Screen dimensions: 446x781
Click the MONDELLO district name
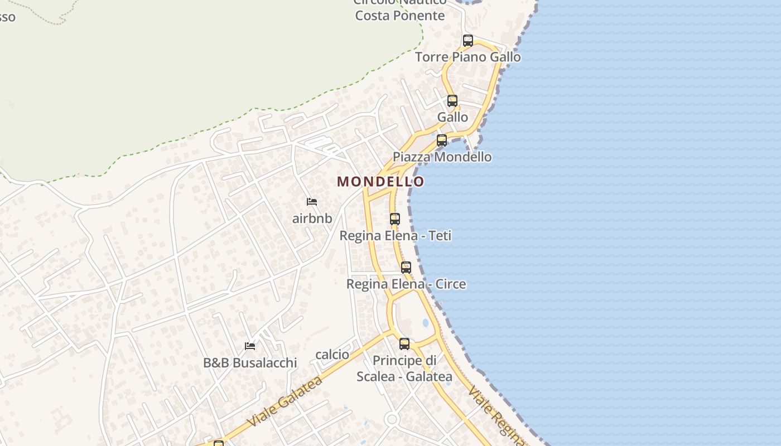pyautogui.click(x=380, y=182)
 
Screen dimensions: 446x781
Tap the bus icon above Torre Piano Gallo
pyautogui.click(x=467, y=41)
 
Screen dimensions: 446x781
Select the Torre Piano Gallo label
pyautogui.click(x=467, y=57)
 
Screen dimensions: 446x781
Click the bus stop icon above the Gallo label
pyautogui.click(x=452, y=101)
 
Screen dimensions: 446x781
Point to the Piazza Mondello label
pyautogui.click(x=442, y=157)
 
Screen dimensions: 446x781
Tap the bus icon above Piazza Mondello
pyautogui.click(x=441, y=140)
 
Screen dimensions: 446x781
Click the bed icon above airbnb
pyautogui.click(x=312, y=202)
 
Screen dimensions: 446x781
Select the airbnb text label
pyautogui.click(x=312, y=218)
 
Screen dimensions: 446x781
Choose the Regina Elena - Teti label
pyautogui.click(x=395, y=235)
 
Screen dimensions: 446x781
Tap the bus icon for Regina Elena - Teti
pyautogui.click(x=394, y=219)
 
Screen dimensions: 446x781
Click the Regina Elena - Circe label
pyautogui.click(x=406, y=284)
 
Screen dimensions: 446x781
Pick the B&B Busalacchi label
pyautogui.click(x=249, y=362)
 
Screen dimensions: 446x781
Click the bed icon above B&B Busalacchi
pyautogui.click(x=249, y=346)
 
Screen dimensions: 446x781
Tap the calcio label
pyautogui.click(x=332, y=355)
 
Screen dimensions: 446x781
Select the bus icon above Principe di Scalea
pyautogui.click(x=404, y=344)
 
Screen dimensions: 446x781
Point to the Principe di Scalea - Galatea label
pyautogui.click(x=404, y=369)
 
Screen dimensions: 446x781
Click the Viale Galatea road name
pyautogui.click(x=285, y=401)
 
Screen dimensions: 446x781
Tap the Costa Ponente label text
pyautogui.click(x=399, y=15)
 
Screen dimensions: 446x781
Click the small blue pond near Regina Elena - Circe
pyautogui.click(x=426, y=323)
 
